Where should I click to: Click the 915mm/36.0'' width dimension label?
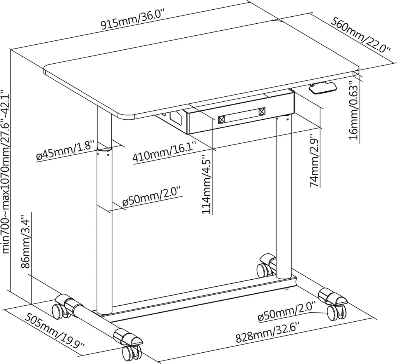click(133, 19)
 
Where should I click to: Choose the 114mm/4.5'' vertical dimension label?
click(206, 185)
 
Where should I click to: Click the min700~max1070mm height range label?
click(5, 171)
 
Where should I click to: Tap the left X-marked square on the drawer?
click(222, 120)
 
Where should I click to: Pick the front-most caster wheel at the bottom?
click(128, 354)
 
